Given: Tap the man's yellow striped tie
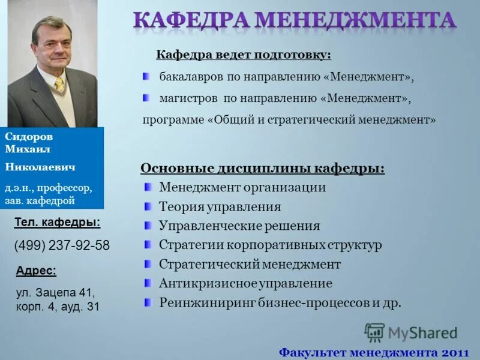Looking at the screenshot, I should tap(59, 85).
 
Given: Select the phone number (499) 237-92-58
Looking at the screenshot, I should tap(62, 245).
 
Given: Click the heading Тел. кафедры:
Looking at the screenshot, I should tap(57, 223).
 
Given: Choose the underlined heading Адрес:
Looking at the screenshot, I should tap(36, 271).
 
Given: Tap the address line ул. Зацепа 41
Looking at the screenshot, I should tap(55, 293).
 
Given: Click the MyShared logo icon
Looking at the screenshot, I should tap(374, 332).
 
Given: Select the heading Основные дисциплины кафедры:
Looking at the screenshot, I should tap(262, 168).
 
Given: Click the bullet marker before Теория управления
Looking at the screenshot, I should tap(148, 207).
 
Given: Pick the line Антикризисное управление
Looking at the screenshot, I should tap(245, 283).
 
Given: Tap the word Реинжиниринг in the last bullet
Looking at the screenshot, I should tap(207, 302).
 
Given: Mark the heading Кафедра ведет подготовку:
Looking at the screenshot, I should tap(244, 55).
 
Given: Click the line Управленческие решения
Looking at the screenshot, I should tap(239, 226).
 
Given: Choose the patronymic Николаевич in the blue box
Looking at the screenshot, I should tap(40, 166).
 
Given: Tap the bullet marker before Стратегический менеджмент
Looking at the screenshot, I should tap(148, 264).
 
